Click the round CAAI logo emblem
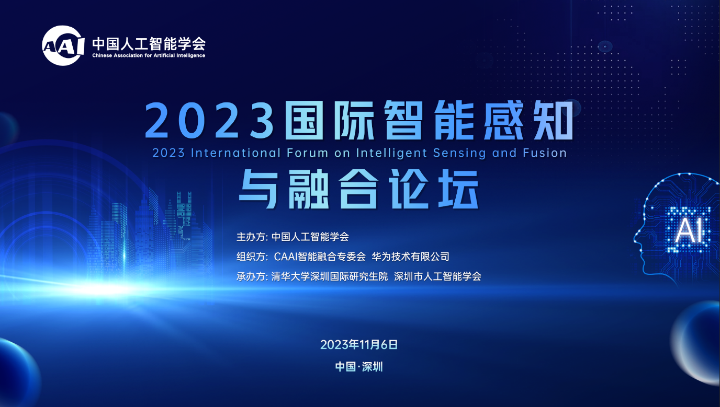tap(63, 45)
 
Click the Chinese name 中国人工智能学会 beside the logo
tap(149, 44)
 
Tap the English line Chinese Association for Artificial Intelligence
tap(149, 55)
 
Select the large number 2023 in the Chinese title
tap(209, 121)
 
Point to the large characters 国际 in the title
tap(330, 120)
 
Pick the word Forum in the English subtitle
tap(307, 153)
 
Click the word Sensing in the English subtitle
tap(459, 154)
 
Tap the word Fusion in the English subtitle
tap(545, 153)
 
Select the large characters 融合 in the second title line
tap(333, 189)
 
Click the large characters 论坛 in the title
tap(434, 189)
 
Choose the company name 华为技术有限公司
tap(410, 257)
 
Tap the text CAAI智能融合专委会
tap(320, 257)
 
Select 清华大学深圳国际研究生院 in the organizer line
tap(330, 276)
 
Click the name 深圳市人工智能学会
tap(437, 276)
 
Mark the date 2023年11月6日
tap(359, 345)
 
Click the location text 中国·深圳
tap(359, 367)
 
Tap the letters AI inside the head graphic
tap(689, 230)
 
